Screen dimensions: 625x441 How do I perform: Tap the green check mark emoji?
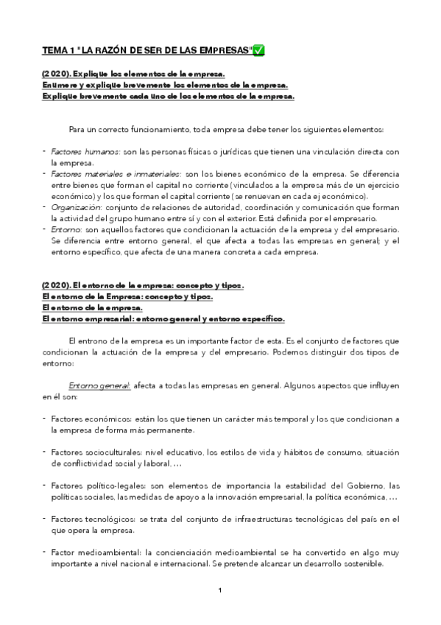point(259,50)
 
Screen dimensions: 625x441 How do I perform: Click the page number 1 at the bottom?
point(220,590)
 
